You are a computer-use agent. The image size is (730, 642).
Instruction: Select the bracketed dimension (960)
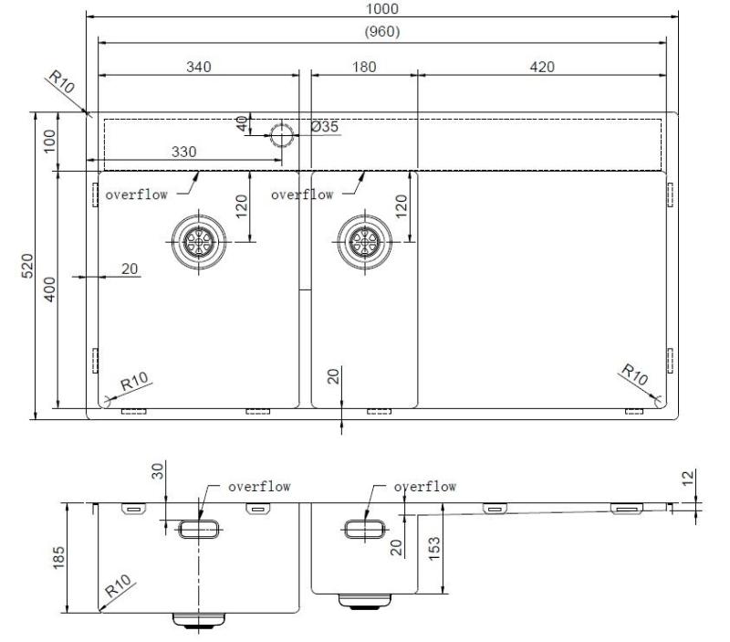coord(382,31)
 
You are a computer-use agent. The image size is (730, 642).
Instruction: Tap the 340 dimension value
coord(197,67)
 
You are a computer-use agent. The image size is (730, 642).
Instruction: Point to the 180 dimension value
coord(363,67)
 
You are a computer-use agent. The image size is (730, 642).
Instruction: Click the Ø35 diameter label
coord(324,127)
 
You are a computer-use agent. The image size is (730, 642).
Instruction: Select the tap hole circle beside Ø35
coord(281,135)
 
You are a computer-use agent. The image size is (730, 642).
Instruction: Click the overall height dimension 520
coord(26,266)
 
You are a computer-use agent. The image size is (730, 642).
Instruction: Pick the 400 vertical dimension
coord(49,291)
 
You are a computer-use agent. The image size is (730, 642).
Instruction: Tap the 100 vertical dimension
coord(49,141)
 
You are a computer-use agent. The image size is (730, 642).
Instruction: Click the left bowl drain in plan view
coord(195,241)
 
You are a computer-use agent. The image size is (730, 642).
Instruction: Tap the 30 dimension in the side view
coord(156,472)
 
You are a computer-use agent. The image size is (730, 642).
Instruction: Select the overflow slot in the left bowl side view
coord(198,528)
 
